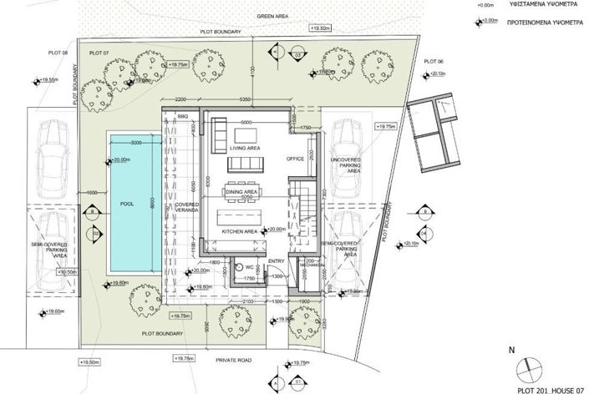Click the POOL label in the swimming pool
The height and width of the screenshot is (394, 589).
tap(126, 202)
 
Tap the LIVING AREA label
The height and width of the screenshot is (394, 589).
tap(243, 148)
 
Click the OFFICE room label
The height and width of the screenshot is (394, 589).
tap(294, 159)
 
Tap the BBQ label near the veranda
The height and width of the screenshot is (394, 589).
tap(182, 116)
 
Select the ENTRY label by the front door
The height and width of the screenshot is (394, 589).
tap(277, 261)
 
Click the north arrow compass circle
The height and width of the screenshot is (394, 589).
tap(526, 367)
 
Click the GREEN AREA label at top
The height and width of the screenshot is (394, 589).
tap(274, 16)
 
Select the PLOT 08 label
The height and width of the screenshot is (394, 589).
tap(58, 53)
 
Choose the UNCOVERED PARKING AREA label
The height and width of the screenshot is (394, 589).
tap(345, 164)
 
